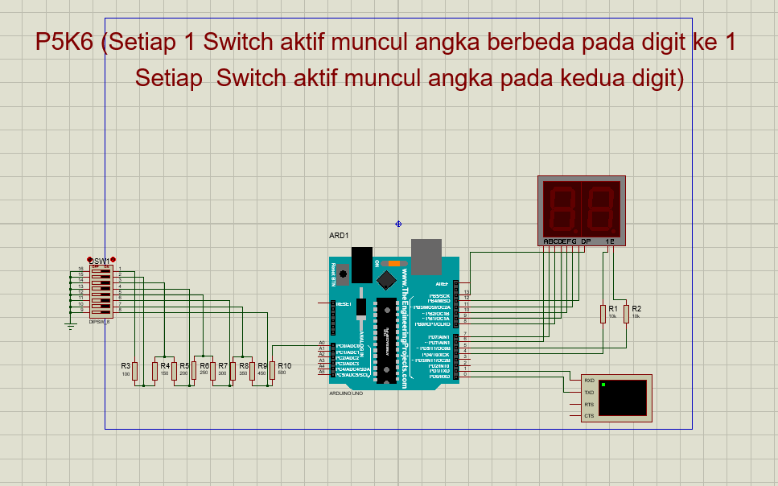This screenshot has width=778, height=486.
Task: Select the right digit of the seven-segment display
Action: (600, 207)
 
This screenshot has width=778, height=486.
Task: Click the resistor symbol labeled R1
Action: (603, 313)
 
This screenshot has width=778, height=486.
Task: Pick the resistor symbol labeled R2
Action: (626, 313)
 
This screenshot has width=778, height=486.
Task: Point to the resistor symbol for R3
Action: (135, 371)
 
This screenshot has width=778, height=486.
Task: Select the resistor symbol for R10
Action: (272, 371)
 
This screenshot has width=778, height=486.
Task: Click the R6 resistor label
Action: (204, 365)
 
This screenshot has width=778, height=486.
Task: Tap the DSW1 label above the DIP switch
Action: (100, 262)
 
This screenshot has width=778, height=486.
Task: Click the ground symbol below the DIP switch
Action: (70, 324)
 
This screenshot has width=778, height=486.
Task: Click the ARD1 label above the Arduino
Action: (339, 236)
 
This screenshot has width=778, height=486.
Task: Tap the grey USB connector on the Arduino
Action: (426, 256)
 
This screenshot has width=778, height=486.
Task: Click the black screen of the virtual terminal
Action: (622, 397)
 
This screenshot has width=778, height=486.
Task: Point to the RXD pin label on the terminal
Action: (589, 380)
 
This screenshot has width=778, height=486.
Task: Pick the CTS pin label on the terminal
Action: (589, 416)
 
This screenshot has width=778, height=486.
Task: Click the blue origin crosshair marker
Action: (398, 224)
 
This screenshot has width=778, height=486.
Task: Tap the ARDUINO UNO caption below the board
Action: (346, 393)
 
